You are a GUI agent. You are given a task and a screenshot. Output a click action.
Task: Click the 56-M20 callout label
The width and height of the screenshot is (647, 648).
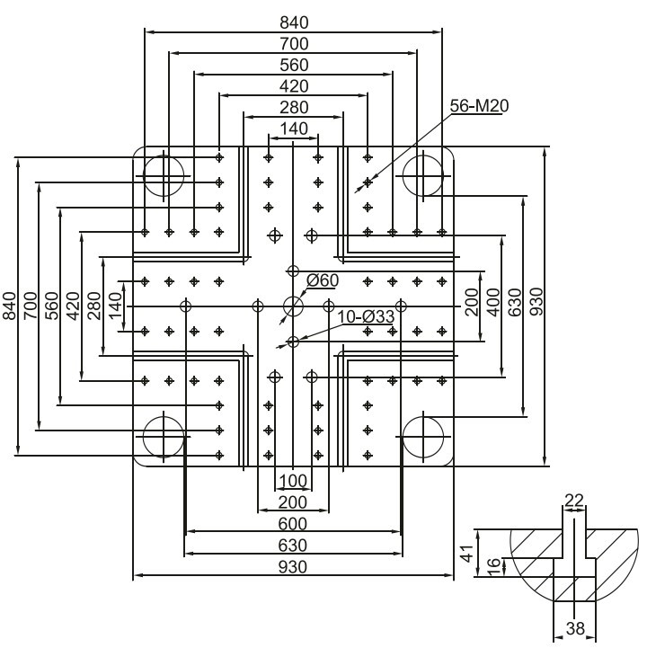click(479, 106)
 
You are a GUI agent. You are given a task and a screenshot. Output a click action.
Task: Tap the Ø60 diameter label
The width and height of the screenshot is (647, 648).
click(323, 280)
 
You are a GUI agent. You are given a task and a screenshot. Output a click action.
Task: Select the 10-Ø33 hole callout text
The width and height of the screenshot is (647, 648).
click(366, 317)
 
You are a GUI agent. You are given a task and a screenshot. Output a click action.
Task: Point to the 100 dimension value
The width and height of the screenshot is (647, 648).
click(293, 481)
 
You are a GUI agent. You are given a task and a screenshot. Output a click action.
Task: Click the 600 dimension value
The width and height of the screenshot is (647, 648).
click(293, 524)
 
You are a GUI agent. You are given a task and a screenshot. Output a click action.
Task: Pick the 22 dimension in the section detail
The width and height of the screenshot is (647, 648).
click(574, 501)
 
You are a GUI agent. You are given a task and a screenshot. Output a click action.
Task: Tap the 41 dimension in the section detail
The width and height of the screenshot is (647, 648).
click(467, 554)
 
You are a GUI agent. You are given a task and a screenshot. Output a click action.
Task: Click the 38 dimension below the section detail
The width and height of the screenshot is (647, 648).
click(575, 628)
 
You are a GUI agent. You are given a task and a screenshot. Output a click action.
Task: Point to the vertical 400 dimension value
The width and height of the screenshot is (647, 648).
click(493, 302)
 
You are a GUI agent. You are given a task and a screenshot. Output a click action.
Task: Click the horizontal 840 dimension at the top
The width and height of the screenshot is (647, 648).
click(294, 22)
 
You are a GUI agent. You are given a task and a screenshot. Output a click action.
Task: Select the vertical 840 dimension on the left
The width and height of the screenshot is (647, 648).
click(10, 306)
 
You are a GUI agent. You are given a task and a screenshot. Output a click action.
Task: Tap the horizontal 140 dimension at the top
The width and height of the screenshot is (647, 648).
click(294, 129)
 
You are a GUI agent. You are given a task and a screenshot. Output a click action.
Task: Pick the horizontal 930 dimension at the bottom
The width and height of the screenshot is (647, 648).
click(293, 567)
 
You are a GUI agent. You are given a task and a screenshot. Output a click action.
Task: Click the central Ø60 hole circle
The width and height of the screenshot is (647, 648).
click(293, 306)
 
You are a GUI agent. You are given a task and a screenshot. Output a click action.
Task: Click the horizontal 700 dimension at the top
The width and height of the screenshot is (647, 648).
click(294, 44)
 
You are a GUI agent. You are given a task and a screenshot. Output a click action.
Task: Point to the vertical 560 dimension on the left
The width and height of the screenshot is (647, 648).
click(52, 306)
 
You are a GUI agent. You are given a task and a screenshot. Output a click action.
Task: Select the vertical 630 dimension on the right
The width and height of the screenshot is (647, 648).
click(515, 302)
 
